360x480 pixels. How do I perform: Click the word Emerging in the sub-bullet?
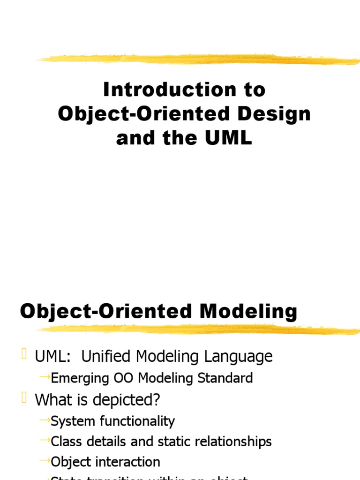(79, 378)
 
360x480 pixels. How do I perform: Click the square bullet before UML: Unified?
(24, 355)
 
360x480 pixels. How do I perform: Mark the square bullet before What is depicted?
(24, 398)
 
